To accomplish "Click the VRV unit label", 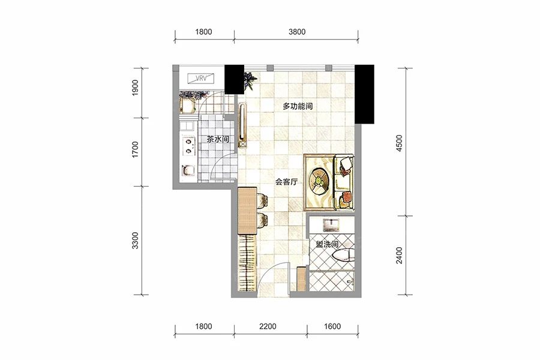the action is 201,78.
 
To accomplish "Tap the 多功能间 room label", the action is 298,106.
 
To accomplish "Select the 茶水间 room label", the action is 218,139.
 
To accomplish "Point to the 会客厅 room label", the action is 286,182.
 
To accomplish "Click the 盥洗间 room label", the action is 327,244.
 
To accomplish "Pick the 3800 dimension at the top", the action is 297,32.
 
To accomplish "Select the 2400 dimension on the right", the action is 399,255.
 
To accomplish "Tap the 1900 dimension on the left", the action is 135,88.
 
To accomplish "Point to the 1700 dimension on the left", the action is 135,149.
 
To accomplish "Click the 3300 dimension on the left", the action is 135,241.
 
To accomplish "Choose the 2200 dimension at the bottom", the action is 268,326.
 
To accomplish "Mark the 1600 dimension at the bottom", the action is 332,326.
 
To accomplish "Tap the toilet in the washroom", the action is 343,255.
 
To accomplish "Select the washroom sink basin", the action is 331,224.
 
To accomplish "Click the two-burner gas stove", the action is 188,146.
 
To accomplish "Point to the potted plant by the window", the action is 250,80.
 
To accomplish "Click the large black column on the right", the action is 364,94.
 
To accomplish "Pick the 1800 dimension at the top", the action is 203,32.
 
